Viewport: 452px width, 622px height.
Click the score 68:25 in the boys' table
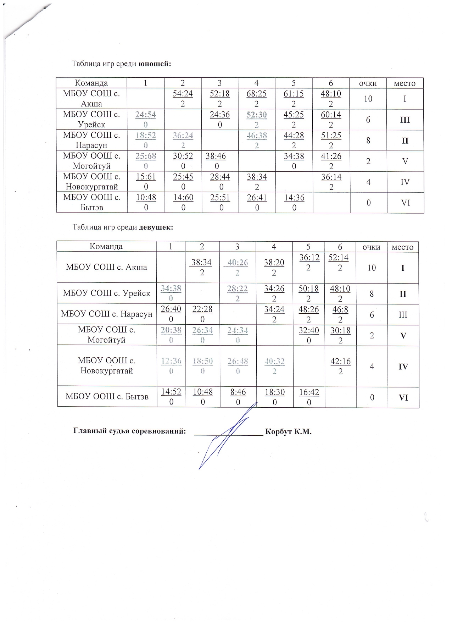(256, 94)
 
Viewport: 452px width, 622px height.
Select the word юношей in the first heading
(155, 64)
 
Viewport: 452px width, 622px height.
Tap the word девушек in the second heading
(156, 227)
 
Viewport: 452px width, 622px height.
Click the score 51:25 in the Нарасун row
(331, 135)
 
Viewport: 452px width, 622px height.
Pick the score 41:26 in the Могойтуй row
(331, 156)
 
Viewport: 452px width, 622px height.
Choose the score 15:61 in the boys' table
(146, 177)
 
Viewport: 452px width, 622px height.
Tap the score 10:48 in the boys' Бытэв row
(146, 197)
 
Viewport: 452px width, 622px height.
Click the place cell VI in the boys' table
(405, 203)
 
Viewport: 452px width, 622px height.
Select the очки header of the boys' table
(368, 83)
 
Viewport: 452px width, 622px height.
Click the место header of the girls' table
(402, 247)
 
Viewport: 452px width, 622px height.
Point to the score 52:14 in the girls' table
(339, 258)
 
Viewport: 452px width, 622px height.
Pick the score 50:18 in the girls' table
(308, 288)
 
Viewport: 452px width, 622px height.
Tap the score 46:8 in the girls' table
(340, 309)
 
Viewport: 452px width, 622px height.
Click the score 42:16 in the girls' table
(340, 361)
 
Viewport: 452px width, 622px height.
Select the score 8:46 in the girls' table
(238, 392)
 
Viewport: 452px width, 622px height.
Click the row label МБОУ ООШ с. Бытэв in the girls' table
(107, 397)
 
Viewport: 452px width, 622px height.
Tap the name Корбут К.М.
(288, 431)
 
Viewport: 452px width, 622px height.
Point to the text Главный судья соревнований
(130, 431)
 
